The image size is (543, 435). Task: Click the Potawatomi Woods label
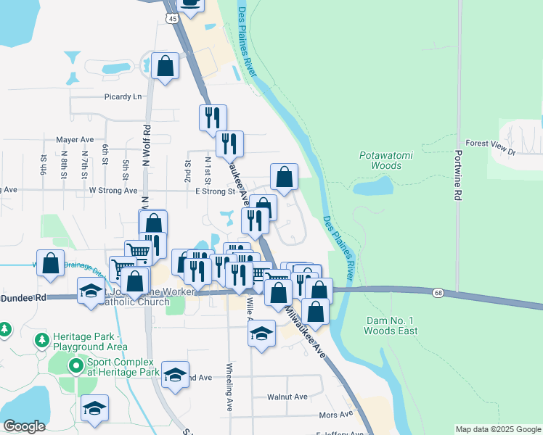click(380, 160)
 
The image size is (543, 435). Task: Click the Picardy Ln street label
click(123, 96)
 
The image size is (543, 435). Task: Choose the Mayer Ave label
click(75, 140)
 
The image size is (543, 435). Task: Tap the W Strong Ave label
click(113, 191)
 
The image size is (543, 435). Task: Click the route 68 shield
click(437, 292)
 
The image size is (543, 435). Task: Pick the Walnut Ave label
click(287, 397)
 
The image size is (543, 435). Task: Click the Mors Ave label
click(335, 415)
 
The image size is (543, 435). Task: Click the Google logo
click(24, 426)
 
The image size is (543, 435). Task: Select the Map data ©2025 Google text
click(498, 429)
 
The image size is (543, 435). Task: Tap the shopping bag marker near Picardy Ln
click(166, 67)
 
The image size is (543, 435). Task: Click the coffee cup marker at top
click(190, 4)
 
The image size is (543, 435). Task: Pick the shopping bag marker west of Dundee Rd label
click(50, 263)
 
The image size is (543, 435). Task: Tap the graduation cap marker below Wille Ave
click(261, 333)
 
